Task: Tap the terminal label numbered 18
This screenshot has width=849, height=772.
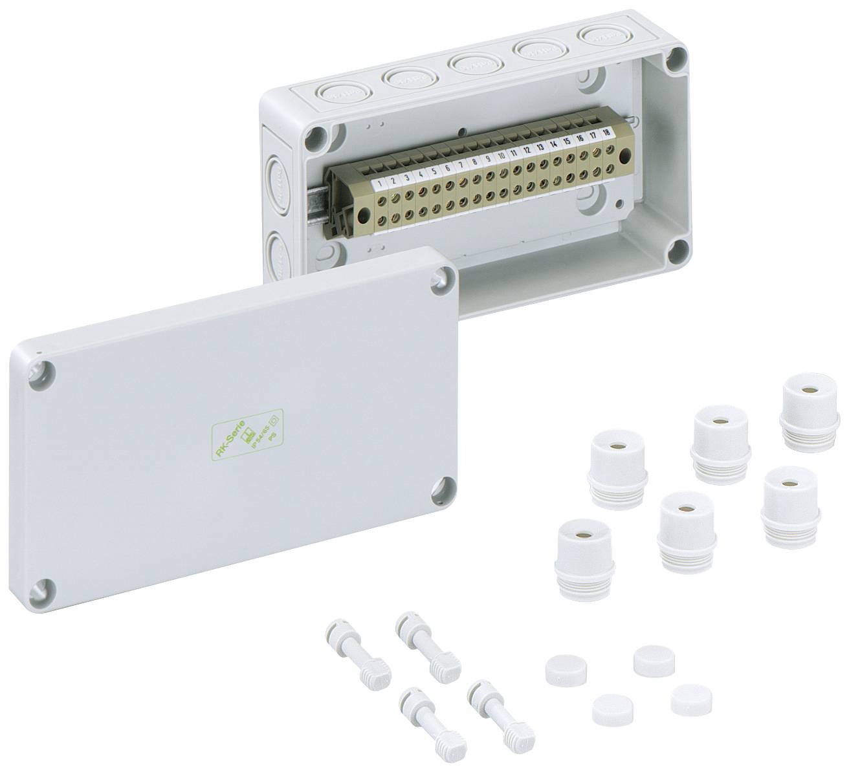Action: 607,134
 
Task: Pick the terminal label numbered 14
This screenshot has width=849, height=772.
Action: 553,145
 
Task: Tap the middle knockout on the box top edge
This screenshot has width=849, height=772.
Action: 472,62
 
